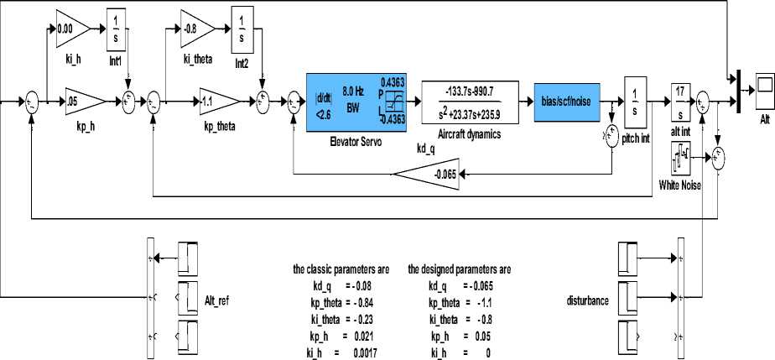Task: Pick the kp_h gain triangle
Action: (x=81, y=99)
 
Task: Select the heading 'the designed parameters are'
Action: (x=459, y=270)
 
